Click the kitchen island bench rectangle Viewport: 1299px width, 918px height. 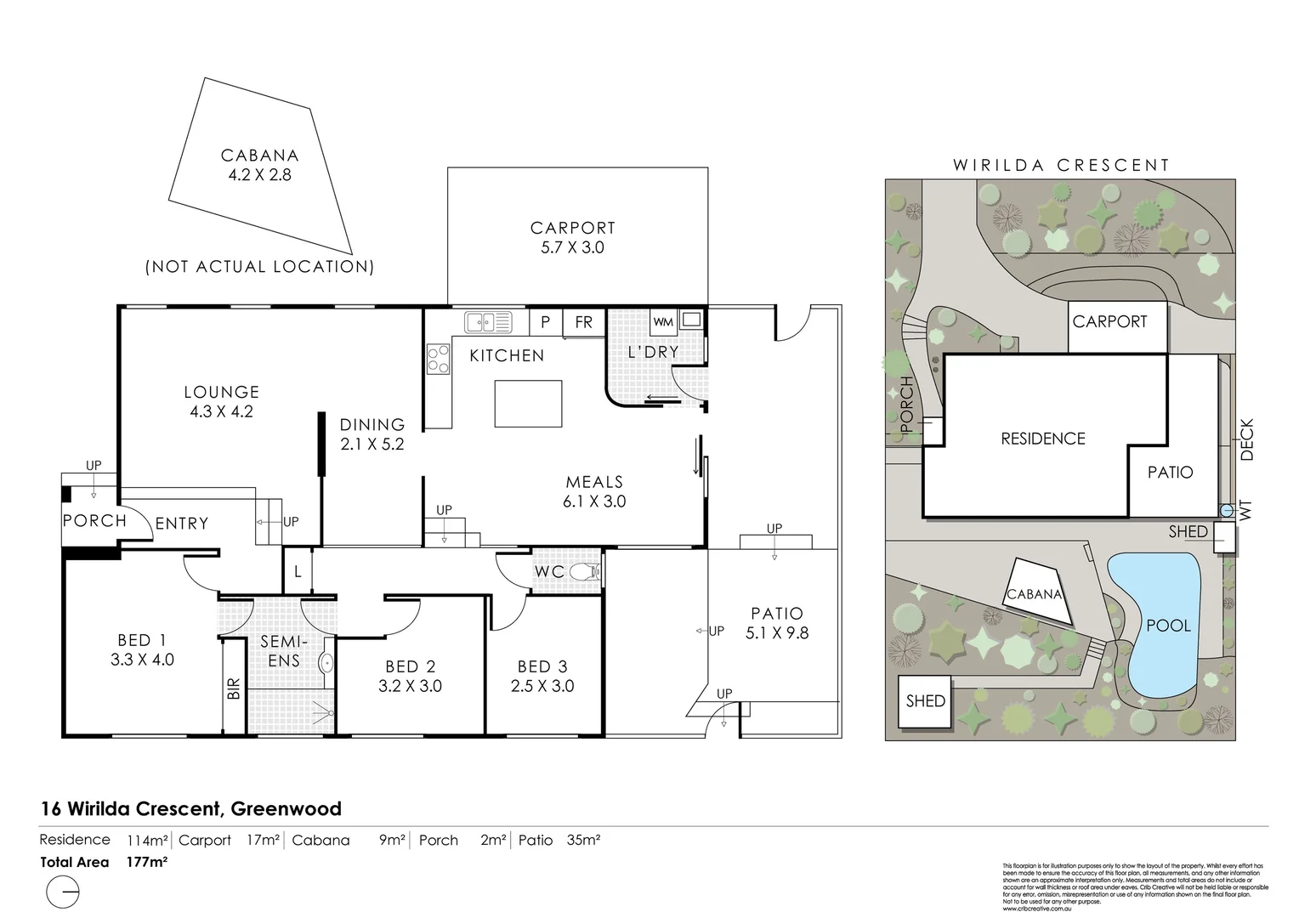click(x=528, y=403)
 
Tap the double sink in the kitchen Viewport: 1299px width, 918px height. click(x=489, y=323)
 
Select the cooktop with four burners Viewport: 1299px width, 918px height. click(x=438, y=359)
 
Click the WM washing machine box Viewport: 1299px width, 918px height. click(x=663, y=322)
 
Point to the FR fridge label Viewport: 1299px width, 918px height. click(x=583, y=323)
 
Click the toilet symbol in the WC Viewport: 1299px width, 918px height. click(x=585, y=572)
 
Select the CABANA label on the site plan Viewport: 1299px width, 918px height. click(x=1035, y=594)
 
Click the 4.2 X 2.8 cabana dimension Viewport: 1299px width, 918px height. click(x=259, y=175)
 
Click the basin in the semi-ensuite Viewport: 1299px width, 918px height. click(x=326, y=663)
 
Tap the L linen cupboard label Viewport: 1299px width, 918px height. click(x=298, y=572)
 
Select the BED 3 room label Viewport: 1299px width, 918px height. click(x=541, y=667)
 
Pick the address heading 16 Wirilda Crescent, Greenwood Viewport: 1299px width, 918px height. click(x=191, y=809)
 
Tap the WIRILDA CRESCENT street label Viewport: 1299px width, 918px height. click(x=1061, y=166)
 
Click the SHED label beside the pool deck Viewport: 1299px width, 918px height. click(x=1188, y=531)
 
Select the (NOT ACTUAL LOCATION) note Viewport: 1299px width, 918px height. click(x=259, y=267)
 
